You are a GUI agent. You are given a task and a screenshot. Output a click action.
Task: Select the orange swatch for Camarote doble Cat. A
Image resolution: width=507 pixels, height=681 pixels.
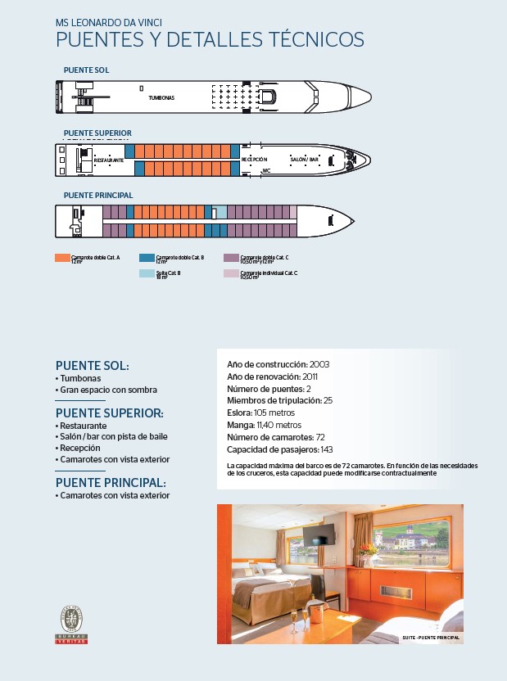(x=61, y=257)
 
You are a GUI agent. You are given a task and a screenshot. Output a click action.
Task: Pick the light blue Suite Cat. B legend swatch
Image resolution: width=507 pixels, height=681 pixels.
(x=146, y=273)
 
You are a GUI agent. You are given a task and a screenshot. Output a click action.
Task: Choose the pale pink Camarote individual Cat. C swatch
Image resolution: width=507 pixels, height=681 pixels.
(x=231, y=273)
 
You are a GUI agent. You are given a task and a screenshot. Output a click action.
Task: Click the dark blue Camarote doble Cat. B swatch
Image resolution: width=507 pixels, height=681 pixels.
(x=146, y=257)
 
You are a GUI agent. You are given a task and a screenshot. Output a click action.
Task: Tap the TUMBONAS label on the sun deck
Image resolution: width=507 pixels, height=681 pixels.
(x=161, y=97)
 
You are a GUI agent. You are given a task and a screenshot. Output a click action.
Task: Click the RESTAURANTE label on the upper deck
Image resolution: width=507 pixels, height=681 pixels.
(x=109, y=160)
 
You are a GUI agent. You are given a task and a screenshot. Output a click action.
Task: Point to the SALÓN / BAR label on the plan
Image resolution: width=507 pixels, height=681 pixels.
(x=305, y=158)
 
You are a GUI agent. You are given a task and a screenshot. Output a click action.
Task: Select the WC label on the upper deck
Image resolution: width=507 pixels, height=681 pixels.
(x=266, y=171)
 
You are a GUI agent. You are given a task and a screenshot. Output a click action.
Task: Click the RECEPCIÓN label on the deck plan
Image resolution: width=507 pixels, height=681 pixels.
(x=255, y=159)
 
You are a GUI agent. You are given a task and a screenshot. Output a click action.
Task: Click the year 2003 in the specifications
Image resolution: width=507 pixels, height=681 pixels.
(x=319, y=363)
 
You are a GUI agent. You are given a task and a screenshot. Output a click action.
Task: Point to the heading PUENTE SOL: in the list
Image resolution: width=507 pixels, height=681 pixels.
(x=92, y=366)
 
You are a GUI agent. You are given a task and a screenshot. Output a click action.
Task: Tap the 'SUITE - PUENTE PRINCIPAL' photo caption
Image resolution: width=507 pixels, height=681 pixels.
(x=431, y=637)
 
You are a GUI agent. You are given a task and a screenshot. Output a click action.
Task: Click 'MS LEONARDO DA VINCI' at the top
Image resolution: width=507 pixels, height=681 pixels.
(x=103, y=23)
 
